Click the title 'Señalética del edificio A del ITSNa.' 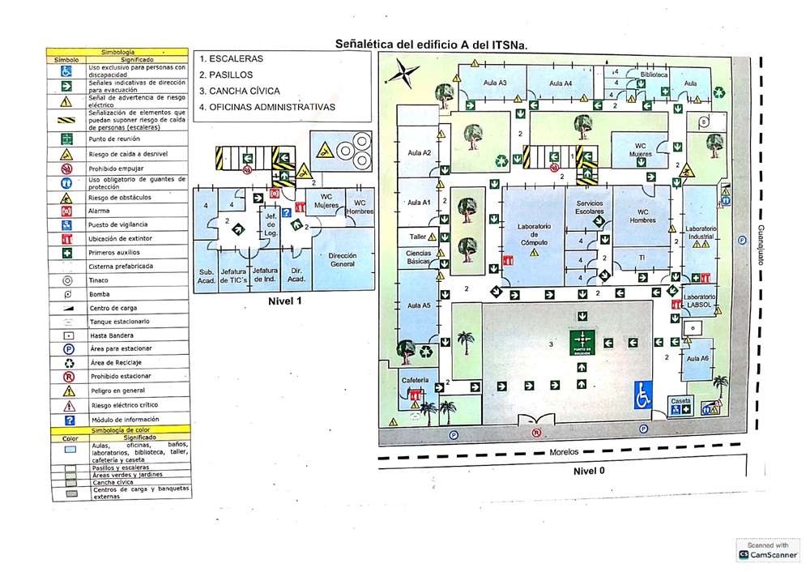(x=431, y=45)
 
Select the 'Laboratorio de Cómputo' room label (x=534, y=234)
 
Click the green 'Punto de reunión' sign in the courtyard (x=582, y=341)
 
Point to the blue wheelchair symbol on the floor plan (x=644, y=395)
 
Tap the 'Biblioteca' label (x=653, y=74)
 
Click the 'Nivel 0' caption (x=588, y=470)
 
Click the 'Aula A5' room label (x=420, y=305)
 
